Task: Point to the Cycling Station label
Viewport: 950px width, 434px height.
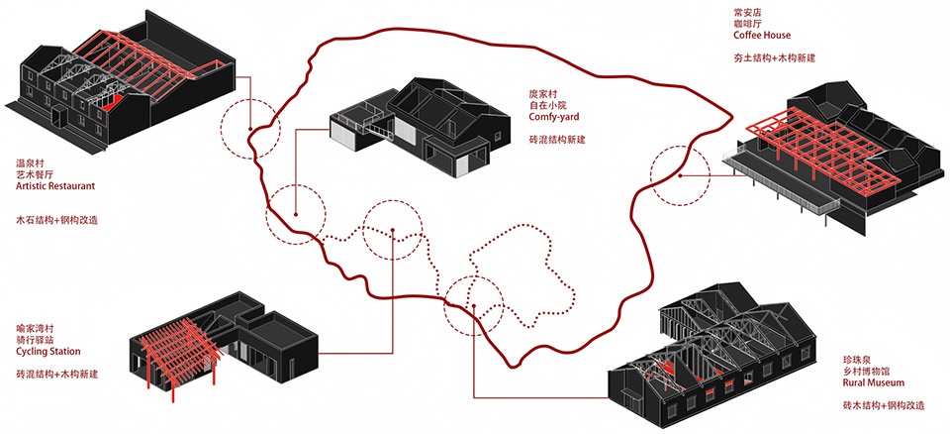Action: (x=48, y=352)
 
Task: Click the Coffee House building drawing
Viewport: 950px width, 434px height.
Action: (x=831, y=154)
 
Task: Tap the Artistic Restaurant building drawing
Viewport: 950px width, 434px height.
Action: (x=119, y=84)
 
